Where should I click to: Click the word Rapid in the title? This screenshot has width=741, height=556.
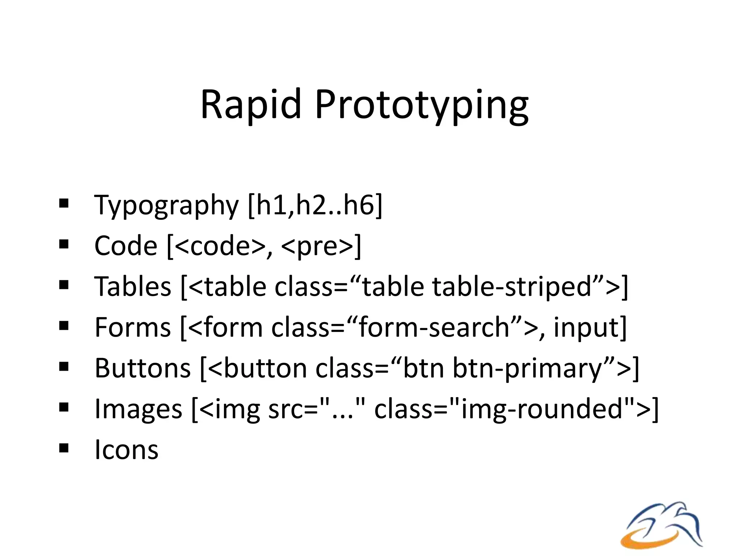[251, 105]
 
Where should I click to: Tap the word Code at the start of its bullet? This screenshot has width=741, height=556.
[126, 246]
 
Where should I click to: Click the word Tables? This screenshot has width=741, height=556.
[132, 287]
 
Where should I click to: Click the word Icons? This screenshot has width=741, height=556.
[126, 450]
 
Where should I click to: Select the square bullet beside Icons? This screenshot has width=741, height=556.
[64, 448]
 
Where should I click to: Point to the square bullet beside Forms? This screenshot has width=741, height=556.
[64, 326]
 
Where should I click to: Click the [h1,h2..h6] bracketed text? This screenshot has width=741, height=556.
[315, 206]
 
